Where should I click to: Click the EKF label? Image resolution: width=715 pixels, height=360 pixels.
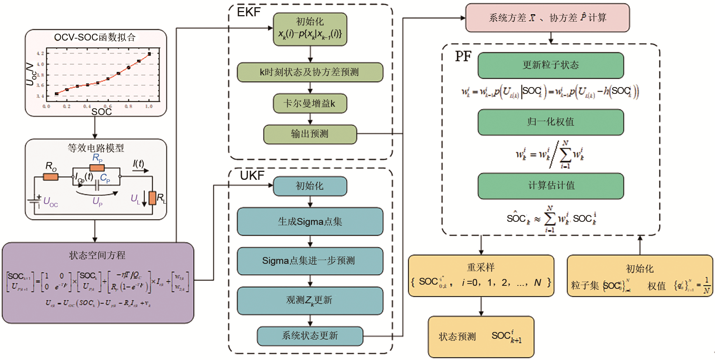249,12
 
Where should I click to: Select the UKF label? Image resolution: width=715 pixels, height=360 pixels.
252,176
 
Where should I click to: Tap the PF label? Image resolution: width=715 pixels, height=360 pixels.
463,56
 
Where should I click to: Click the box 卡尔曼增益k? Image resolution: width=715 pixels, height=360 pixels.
310,103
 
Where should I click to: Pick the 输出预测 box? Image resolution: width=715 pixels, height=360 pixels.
310,134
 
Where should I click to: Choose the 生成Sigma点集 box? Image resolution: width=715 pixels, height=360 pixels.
310,221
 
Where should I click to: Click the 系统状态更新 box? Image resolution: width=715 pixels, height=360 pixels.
310,336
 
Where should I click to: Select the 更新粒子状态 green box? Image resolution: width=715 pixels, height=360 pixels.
550,65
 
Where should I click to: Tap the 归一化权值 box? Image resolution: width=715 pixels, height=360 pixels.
550,122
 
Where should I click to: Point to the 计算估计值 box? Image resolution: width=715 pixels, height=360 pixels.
550,185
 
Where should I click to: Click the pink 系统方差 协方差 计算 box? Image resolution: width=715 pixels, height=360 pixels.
547,18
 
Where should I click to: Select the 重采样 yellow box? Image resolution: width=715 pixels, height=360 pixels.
481,276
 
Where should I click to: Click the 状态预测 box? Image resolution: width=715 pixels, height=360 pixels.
481,337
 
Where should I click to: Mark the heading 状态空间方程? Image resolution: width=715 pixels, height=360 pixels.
97,255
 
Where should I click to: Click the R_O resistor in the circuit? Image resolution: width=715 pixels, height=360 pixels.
51,177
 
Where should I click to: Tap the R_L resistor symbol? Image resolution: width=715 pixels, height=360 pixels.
152,198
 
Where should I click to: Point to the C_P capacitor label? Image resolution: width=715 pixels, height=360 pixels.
105,178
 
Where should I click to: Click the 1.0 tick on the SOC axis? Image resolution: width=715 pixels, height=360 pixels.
149,106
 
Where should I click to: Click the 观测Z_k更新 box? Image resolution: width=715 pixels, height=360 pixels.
310,301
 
